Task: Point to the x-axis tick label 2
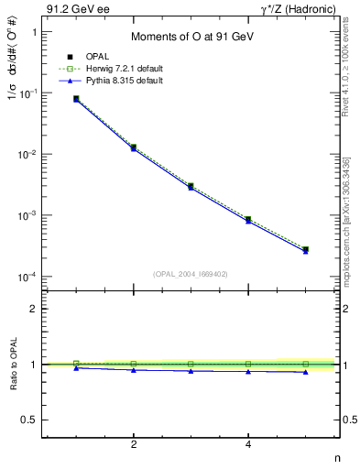tap(134, 444)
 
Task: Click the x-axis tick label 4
tap(248, 444)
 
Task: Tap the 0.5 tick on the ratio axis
tap(27, 420)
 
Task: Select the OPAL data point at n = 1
tap(76, 98)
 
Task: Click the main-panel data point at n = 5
tap(305, 249)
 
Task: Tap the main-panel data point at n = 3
tap(191, 186)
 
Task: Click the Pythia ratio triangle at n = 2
tap(134, 370)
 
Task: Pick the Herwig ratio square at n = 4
tap(248, 364)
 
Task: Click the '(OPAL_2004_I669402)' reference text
tap(191, 272)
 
